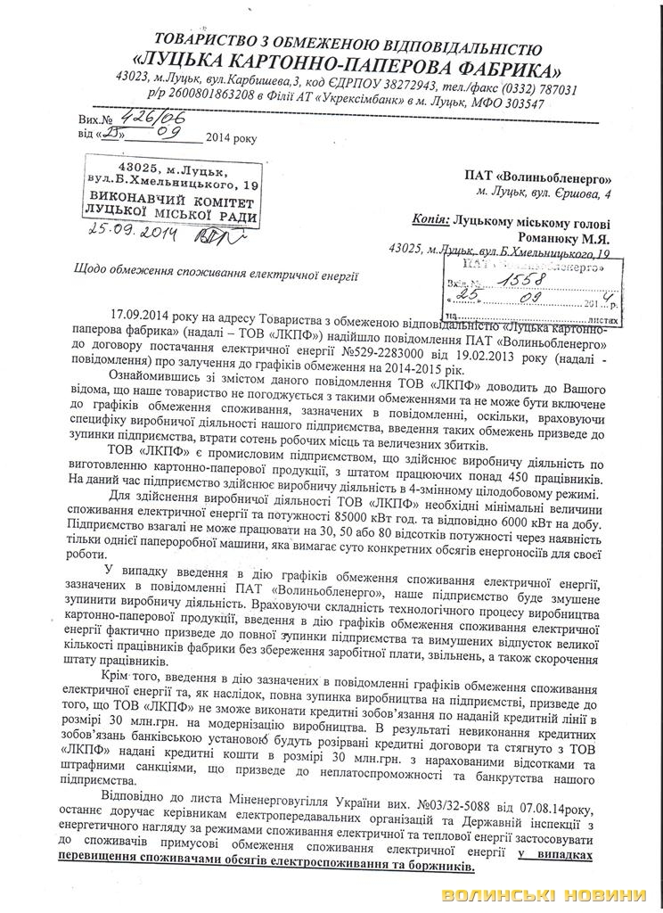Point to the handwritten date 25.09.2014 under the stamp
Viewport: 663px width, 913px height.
point(133,235)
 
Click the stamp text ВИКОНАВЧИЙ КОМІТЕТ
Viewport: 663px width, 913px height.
point(168,202)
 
